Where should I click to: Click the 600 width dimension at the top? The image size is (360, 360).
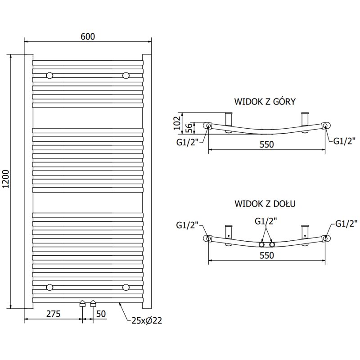point(88,36)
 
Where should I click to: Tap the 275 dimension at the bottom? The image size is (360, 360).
point(53,314)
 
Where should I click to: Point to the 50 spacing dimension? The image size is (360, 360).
point(101,314)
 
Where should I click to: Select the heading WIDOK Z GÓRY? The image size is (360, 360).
point(265,102)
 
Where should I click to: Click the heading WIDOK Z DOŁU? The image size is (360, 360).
point(265,203)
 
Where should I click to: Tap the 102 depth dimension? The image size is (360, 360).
point(177,122)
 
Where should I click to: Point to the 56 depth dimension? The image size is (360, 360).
point(190,128)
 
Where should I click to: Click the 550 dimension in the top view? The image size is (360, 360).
point(267,144)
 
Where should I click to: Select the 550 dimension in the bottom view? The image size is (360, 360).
point(267,255)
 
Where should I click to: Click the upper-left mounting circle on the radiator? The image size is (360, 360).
point(49,75)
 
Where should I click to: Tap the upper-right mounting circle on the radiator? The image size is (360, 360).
point(126,75)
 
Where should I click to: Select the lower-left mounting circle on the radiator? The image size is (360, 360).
point(49,287)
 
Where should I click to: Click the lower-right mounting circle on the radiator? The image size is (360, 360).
point(126,287)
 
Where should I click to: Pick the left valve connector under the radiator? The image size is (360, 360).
point(82,304)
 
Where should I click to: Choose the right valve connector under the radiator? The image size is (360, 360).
point(93,304)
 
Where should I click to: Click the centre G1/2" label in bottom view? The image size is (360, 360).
point(265,221)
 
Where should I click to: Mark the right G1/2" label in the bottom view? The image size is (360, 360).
point(346,223)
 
